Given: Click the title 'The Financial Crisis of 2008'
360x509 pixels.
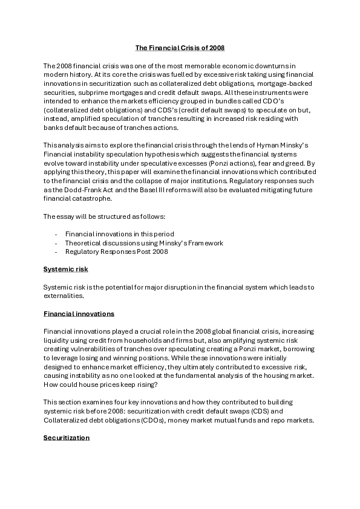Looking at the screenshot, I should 179,47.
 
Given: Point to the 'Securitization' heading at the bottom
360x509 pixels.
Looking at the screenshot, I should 67,436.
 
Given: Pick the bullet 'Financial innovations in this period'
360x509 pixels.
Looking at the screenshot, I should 120,233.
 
